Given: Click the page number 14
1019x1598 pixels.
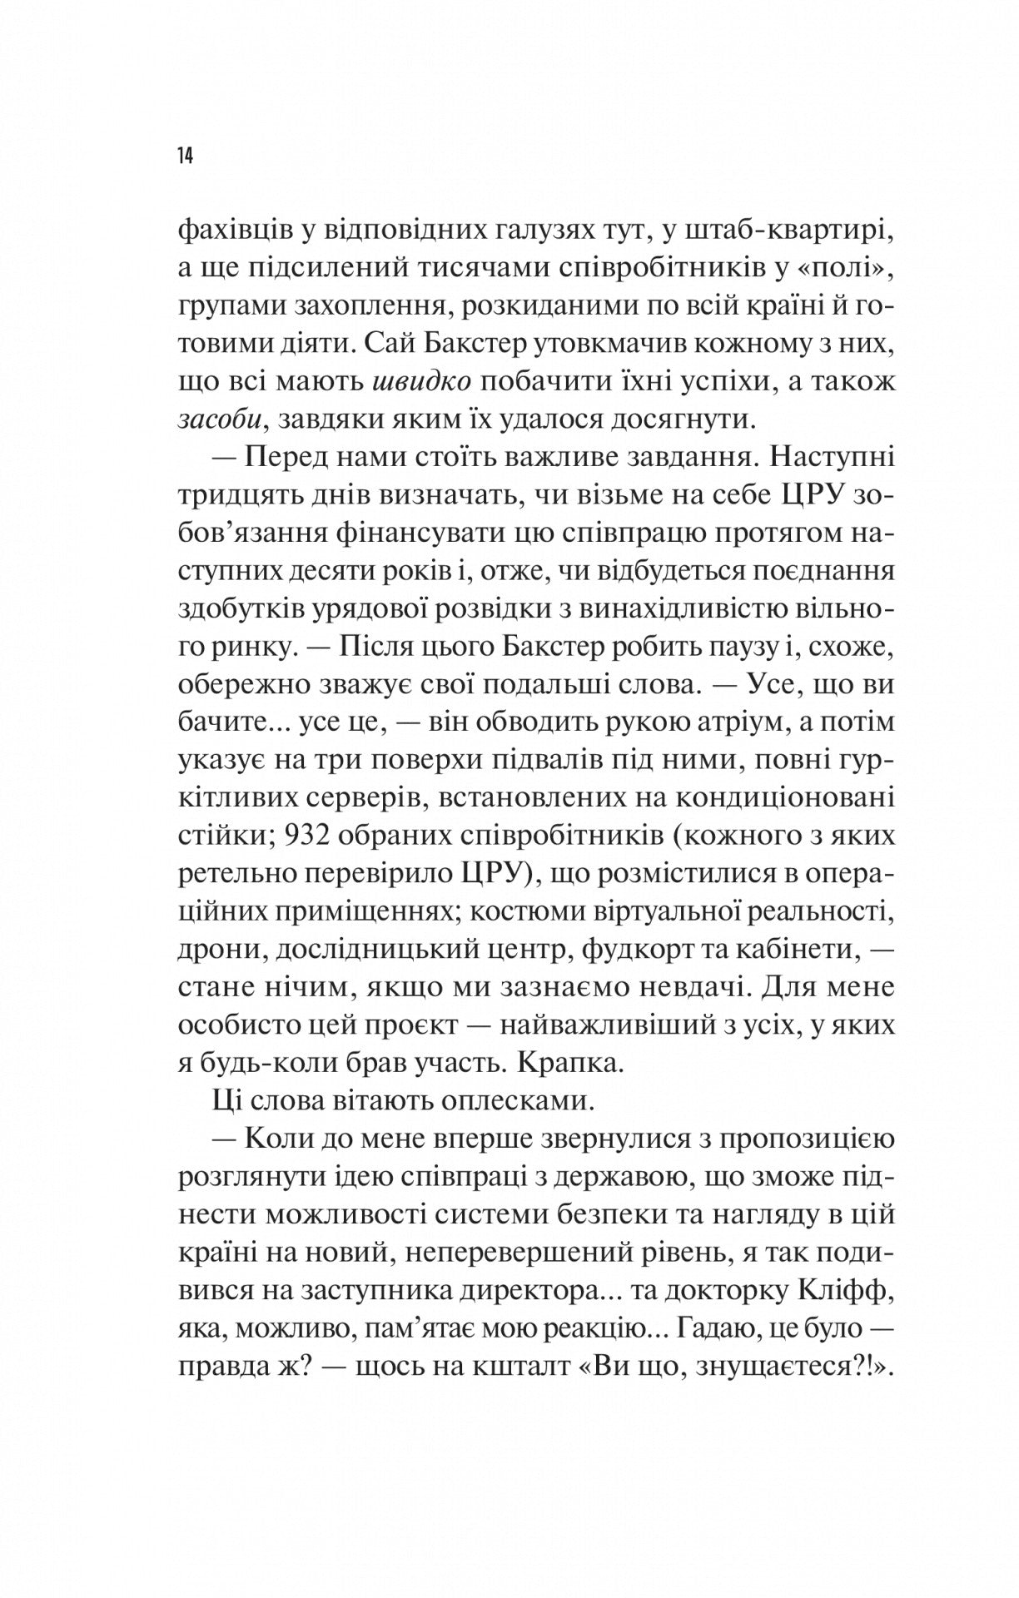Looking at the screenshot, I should (185, 156).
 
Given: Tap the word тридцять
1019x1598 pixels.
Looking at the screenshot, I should (239, 497).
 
